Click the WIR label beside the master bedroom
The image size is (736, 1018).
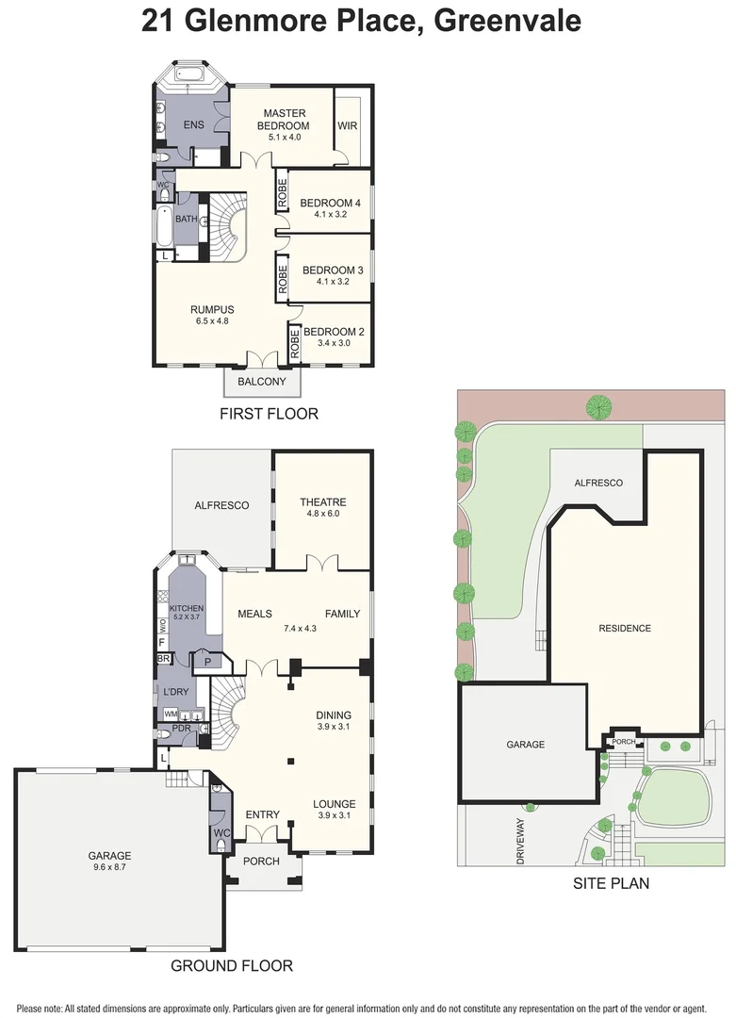pyautogui.click(x=347, y=125)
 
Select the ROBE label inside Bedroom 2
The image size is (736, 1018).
pyautogui.click(x=295, y=344)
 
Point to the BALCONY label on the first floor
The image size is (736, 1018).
pyautogui.click(x=262, y=381)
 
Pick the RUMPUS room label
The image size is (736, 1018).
pyautogui.click(x=212, y=310)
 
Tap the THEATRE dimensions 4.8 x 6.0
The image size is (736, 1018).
pyautogui.click(x=323, y=514)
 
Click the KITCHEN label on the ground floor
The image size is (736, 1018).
pyautogui.click(x=187, y=608)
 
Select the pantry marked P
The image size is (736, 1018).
pyautogui.click(x=208, y=662)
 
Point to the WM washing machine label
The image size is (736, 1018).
pyautogui.click(x=170, y=714)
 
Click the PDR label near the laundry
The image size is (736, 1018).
pyautogui.click(x=181, y=729)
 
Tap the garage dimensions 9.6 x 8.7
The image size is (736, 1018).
pyautogui.click(x=110, y=867)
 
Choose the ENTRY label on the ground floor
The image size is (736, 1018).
pyautogui.click(x=262, y=814)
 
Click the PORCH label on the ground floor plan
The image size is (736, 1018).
pyautogui.click(x=262, y=861)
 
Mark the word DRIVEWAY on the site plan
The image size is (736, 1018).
pyautogui.click(x=520, y=841)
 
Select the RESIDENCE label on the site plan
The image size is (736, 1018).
pyautogui.click(x=625, y=629)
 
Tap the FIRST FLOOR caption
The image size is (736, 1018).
pyautogui.click(x=269, y=414)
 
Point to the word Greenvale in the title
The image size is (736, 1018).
pyautogui.click(x=507, y=21)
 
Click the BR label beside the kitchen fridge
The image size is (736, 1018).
pyautogui.click(x=163, y=658)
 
